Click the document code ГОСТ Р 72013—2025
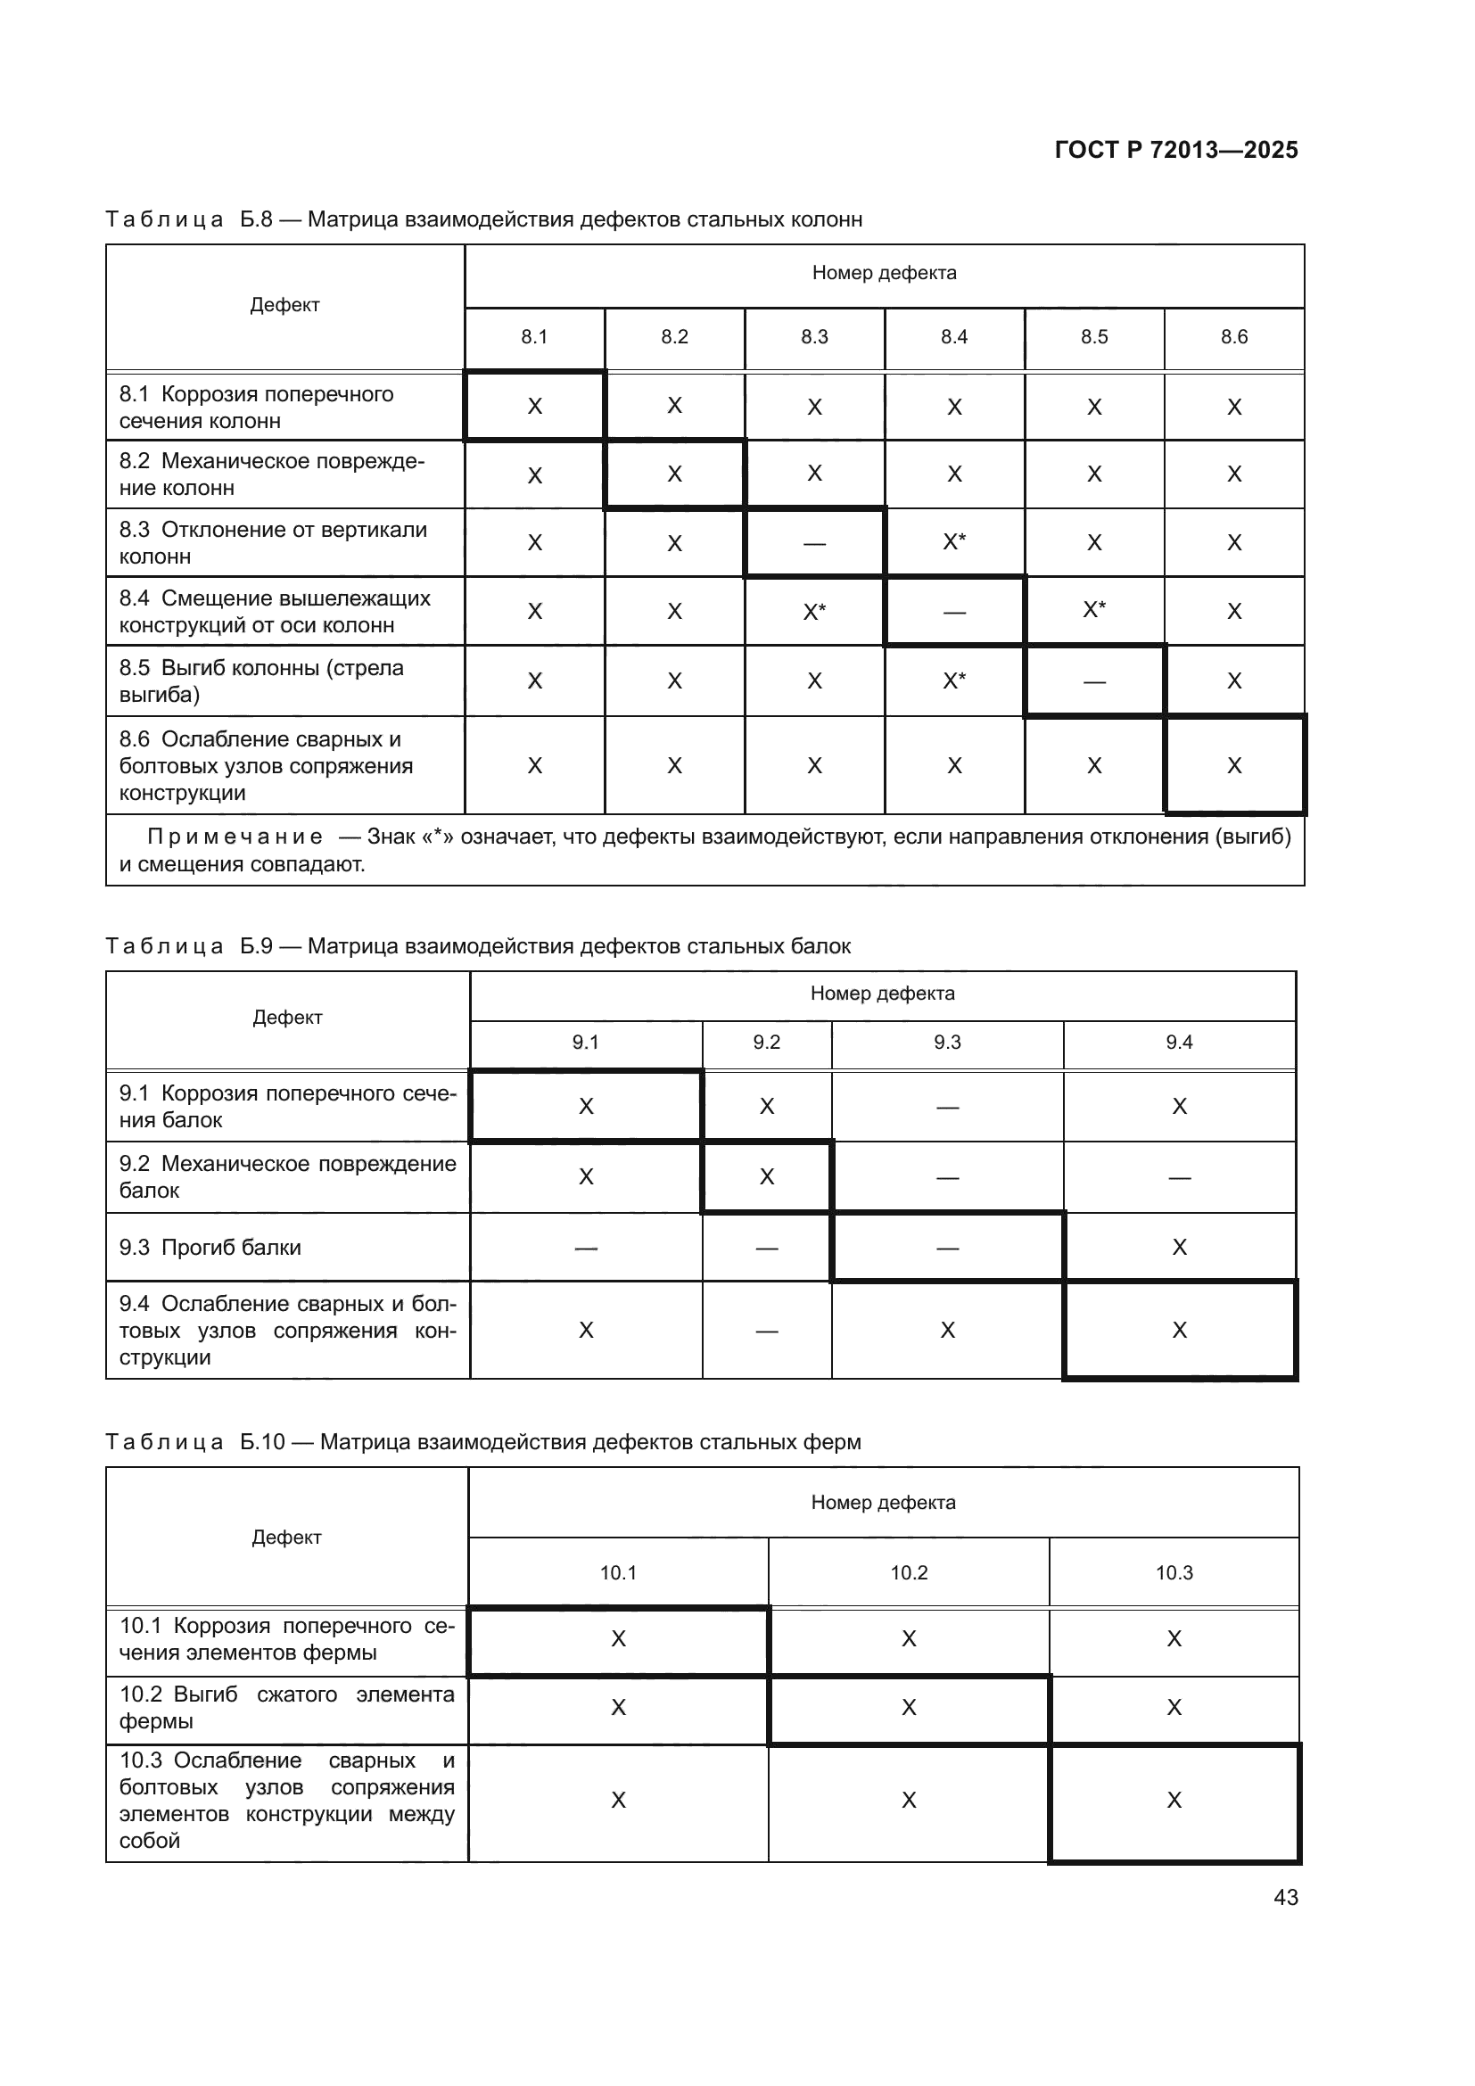(1175, 150)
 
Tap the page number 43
(1285, 1897)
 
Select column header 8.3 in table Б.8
(814, 337)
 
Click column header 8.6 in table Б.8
(1233, 337)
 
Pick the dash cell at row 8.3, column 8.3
(814, 543)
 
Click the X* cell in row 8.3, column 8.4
(953, 542)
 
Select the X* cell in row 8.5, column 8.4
(953, 680)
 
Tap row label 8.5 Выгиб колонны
(261, 680)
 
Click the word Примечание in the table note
(235, 837)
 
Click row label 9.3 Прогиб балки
(210, 1248)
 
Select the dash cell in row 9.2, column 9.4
(1179, 1177)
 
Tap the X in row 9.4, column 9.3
(947, 1330)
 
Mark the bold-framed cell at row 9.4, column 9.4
(1179, 1330)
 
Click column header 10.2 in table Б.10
(908, 1572)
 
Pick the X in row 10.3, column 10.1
(619, 1800)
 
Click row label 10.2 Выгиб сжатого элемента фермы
(286, 1707)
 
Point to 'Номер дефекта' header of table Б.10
(883, 1503)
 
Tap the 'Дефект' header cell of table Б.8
(285, 305)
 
